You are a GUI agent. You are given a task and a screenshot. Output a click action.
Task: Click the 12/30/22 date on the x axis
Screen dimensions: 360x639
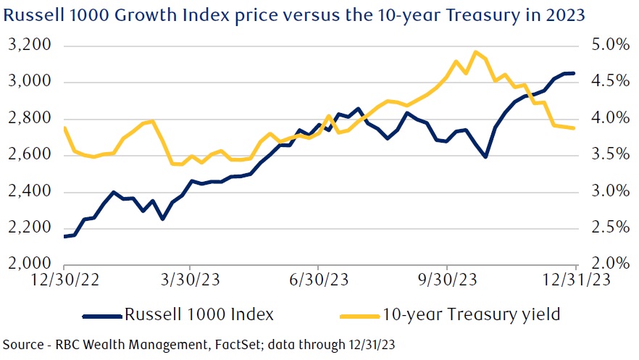click(62, 280)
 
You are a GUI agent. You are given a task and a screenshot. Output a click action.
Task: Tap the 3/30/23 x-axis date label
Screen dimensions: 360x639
click(190, 280)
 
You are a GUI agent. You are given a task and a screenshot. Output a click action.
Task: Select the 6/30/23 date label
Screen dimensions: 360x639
click(318, 280)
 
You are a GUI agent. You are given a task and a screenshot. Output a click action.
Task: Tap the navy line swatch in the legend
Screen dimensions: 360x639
click(101, 315)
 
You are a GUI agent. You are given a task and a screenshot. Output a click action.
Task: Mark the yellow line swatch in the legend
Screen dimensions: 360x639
click(358, 315)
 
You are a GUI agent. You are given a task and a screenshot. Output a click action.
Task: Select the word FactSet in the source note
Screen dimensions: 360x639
click(190, 343)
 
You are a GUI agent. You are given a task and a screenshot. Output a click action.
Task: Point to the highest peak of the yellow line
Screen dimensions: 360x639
click(475, 52)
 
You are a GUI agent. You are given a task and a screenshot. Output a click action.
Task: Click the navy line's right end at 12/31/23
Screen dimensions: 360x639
click(575, 73)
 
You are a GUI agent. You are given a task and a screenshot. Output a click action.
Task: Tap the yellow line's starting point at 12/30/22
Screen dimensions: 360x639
click(65, 128)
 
